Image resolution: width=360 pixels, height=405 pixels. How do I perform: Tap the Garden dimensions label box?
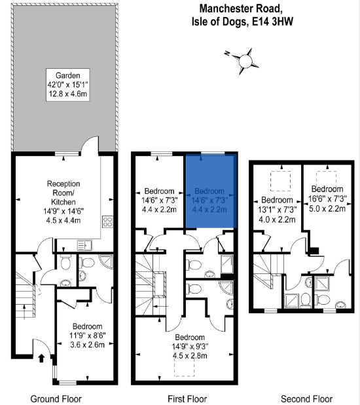[x=68, y=85]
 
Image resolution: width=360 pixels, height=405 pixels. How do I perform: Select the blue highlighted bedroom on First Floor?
[x=211, y=191]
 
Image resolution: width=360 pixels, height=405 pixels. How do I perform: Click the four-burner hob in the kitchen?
[x=107, y=222]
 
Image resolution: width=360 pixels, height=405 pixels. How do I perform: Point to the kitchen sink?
[x=84, y=245]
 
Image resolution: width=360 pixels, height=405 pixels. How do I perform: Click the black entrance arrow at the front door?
[x=41, y=358]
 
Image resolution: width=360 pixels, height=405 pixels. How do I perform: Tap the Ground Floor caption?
[x=56, y=399]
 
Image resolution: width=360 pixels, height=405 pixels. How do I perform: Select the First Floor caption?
[x=187, y=399]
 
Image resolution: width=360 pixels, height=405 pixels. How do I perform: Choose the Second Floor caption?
[x=306, y=399]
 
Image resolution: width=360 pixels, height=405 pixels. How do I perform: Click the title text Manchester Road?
[x=240, y=9]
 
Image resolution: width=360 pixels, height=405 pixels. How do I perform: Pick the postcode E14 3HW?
[x=272, y=22]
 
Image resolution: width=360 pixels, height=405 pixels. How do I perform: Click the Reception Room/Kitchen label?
[x=63, y=202]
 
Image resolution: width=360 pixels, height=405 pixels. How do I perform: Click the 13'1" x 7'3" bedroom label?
[x=278, y=210]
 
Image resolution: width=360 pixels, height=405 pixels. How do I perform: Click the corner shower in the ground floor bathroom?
[x=107, y=261]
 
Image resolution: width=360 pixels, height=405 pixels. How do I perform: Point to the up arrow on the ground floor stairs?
[x=24, y=312]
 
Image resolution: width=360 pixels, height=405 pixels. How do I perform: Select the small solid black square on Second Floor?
[x=314, y=251]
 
